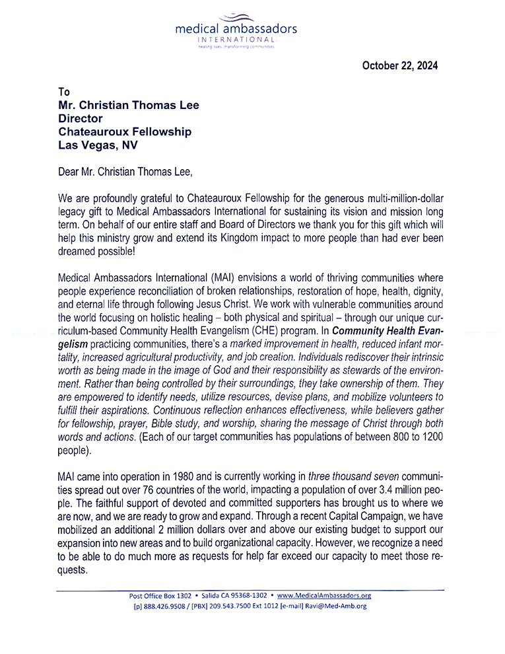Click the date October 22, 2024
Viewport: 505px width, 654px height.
coord(399,65)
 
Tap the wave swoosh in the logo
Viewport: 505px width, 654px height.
coord(236,17)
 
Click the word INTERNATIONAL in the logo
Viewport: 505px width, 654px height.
coord(236,40)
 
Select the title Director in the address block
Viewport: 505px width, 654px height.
coord(81,119)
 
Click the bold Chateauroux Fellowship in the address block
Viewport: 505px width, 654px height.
coord(125,132)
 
